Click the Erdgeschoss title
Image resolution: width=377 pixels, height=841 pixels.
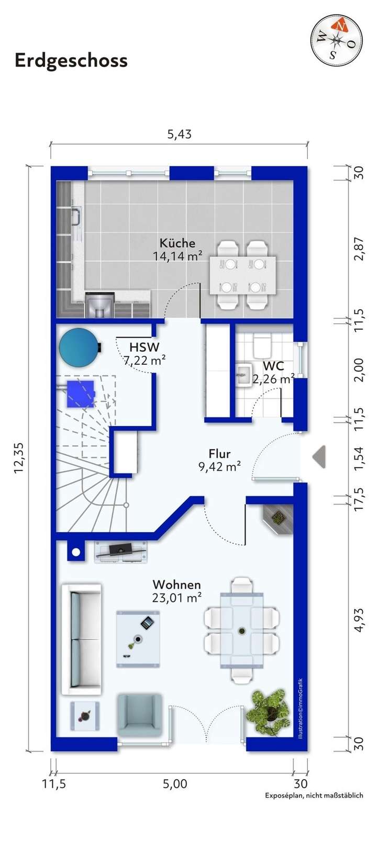(71, 61)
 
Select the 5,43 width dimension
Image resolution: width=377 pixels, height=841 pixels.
(180, 134)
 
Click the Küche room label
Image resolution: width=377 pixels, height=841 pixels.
(178, 243)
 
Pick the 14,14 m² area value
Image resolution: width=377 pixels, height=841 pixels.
(178, 256)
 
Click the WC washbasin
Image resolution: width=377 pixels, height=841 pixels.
(243, 374)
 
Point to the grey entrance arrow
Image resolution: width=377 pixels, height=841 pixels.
(319, 457)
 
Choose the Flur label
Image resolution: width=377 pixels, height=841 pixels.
(220, 454)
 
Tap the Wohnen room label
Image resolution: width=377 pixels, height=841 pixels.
(177, 585)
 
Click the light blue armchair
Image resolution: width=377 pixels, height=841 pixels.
(140, 715)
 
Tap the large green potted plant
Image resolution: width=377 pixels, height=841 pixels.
(269, 711)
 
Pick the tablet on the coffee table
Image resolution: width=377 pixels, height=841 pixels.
(148, 623)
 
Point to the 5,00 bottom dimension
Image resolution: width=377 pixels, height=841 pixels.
(175, 784)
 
